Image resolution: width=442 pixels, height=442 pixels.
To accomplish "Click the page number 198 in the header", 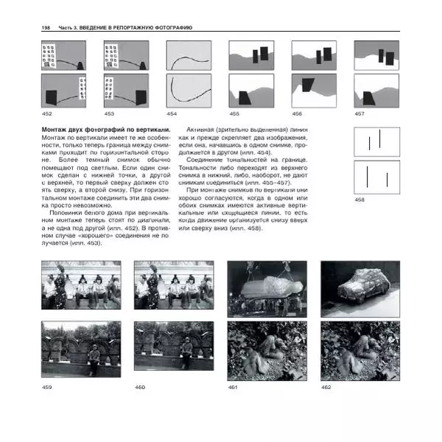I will (46, 27).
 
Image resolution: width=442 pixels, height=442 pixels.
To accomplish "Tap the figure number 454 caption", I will (172, 114).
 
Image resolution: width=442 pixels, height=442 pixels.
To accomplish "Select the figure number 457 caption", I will (359, 114).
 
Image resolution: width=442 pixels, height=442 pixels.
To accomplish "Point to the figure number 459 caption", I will (47, 387).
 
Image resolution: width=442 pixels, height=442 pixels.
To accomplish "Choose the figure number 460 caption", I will (140, 387).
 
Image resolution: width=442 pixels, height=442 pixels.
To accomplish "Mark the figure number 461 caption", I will (233, 387).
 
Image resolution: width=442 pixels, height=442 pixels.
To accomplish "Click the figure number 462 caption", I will (326, 387).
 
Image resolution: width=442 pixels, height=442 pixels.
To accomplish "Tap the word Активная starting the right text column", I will (201, 130).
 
